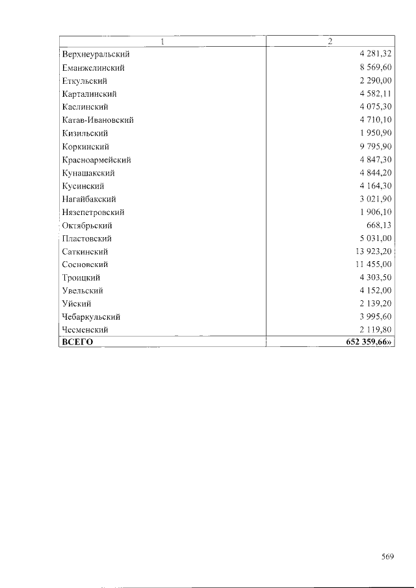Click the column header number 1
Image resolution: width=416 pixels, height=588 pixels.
point(162,42)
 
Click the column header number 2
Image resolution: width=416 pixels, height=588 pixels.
point(330,42)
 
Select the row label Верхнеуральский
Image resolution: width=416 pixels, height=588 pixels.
point(96,55)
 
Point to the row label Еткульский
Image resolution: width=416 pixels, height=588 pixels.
point(84,81)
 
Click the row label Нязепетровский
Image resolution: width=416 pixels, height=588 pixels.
point(93,212)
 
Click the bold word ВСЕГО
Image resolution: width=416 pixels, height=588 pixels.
point(77,342)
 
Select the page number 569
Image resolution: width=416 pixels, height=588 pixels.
point(388,556)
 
